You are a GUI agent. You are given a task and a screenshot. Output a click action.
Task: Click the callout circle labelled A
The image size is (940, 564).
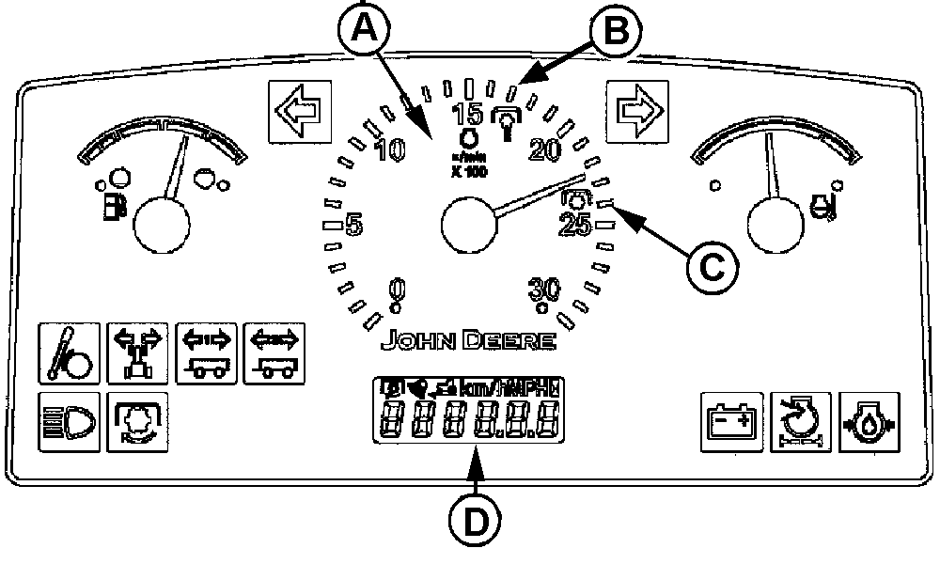coord(364,32)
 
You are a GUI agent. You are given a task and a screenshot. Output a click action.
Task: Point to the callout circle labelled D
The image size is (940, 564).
coord(478,520)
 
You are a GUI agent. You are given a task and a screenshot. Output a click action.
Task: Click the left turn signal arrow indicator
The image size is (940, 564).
coord(291,110)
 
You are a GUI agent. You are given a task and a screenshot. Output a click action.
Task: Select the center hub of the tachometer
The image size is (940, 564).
coord(468,226)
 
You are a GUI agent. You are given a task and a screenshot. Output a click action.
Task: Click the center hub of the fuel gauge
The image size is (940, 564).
coord(161,226)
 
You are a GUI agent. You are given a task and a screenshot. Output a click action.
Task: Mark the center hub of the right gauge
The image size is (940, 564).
coord(775,226)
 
